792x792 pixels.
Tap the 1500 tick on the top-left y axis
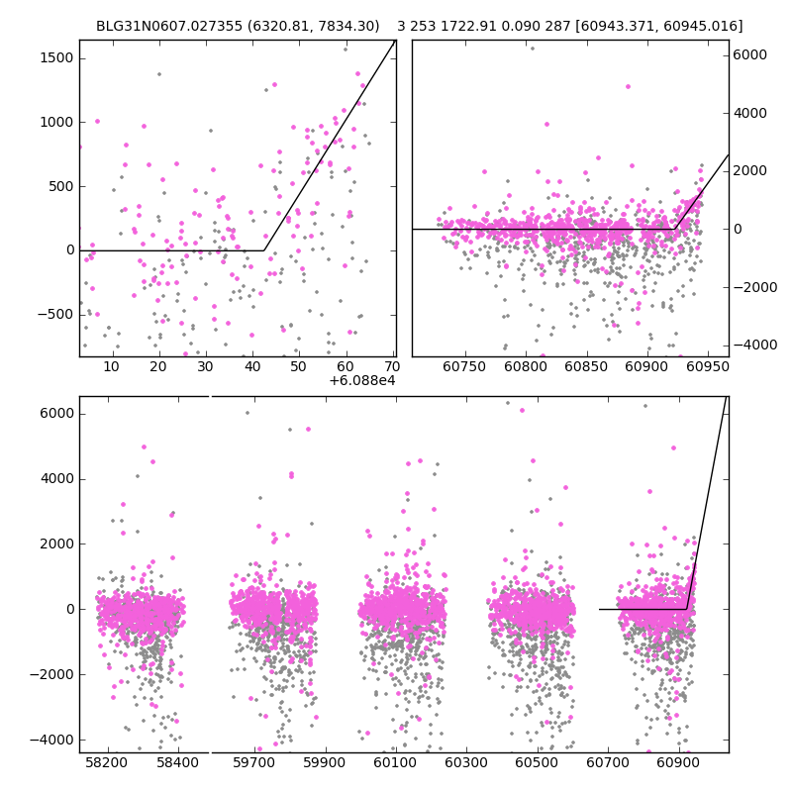click(56, 58)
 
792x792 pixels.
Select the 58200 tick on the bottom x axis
click(106, 763)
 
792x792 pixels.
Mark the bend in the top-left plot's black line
click(264, 250)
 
